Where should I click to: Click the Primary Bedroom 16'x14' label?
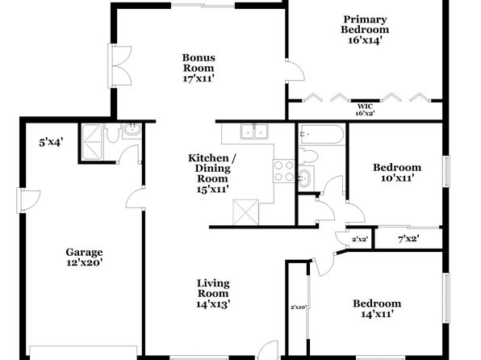point(365,30)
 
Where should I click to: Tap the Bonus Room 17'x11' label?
point(199,68)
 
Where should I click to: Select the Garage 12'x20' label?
point(85,257)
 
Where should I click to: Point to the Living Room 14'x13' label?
point(213,293)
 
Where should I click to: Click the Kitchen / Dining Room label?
point(212,174)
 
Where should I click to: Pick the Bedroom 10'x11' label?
point(397,173)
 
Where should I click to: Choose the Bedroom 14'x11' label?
point(377,308)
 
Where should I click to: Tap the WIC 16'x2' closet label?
point(365,110)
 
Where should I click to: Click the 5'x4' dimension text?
point(51,142)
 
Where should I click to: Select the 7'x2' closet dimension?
point(408,238)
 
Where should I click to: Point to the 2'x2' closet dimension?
point(360,239)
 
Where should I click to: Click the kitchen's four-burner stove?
point(283,171)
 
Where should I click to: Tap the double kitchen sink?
point(254,131)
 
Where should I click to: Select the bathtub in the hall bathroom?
point(321,135)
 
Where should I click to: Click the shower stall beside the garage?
point(92,142)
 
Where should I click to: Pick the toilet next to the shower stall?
point(112,133)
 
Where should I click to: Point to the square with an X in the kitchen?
point(245,212)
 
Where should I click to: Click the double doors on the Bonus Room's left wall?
point(120,65)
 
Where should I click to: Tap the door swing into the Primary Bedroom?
point(295,71)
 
